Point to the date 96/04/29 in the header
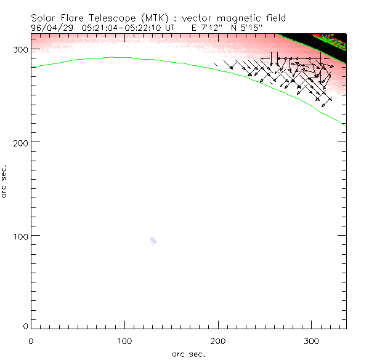click(51, 28)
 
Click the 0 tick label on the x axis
click(31, 340)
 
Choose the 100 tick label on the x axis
click(124, 340)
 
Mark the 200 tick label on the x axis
click(218, 340)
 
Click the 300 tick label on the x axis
click(312, 340)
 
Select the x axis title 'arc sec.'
click(188, 354)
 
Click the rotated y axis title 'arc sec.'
click(5, 181)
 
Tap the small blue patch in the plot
click(153, 241)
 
